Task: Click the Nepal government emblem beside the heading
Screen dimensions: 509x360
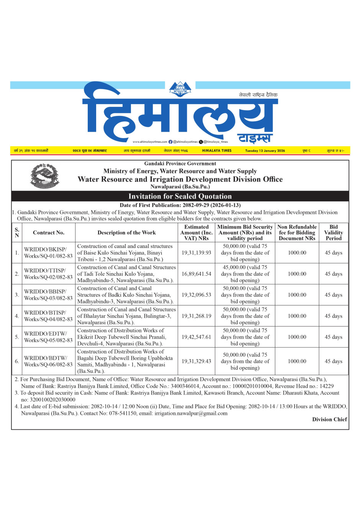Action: pyautogui.click(x=45, y=176)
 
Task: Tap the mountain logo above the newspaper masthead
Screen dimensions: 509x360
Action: pyautogui.click(x=180, y=90)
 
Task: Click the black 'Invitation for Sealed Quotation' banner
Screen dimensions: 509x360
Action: pyautogui.click(x=180, y=196)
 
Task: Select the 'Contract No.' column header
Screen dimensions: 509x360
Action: pyautogui.click(x=49, y=233)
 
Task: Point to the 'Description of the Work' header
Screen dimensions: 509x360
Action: pyautogui.click(x=126, y=233)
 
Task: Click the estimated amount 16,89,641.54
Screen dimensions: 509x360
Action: pyautogui.click(x=196, y=274)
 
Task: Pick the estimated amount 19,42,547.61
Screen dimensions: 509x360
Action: pyautogui.click(x=196, y=337)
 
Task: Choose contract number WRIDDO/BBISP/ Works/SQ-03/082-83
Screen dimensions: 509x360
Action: pyautogui.click(x=48, y=295)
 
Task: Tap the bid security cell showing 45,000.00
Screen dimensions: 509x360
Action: pyautogui.click(x=245, y=274)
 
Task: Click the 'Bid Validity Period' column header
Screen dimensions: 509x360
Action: pyautogui.click(x=333, y=233)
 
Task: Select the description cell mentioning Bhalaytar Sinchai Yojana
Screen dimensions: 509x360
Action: pyautogui.click(x=126, y=316)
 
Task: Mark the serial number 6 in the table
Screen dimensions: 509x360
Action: pyautogui.click(x=17, y=361)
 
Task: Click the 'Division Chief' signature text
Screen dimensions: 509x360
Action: pyautogui.click(x=329, y=419)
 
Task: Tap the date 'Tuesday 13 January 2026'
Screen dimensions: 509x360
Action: pyautogui.click(x=265, y=151)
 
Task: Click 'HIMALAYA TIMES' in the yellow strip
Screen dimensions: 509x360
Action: pyautogui.click(x=217, y=151)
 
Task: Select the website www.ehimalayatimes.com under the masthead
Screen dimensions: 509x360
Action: pyautogui.click(x=150, y=142)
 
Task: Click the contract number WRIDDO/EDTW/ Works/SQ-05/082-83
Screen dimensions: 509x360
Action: pyautogui.click(x=48, y=337)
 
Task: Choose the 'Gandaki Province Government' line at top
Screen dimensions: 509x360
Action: pyautogui.click(x=180, y=164)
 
